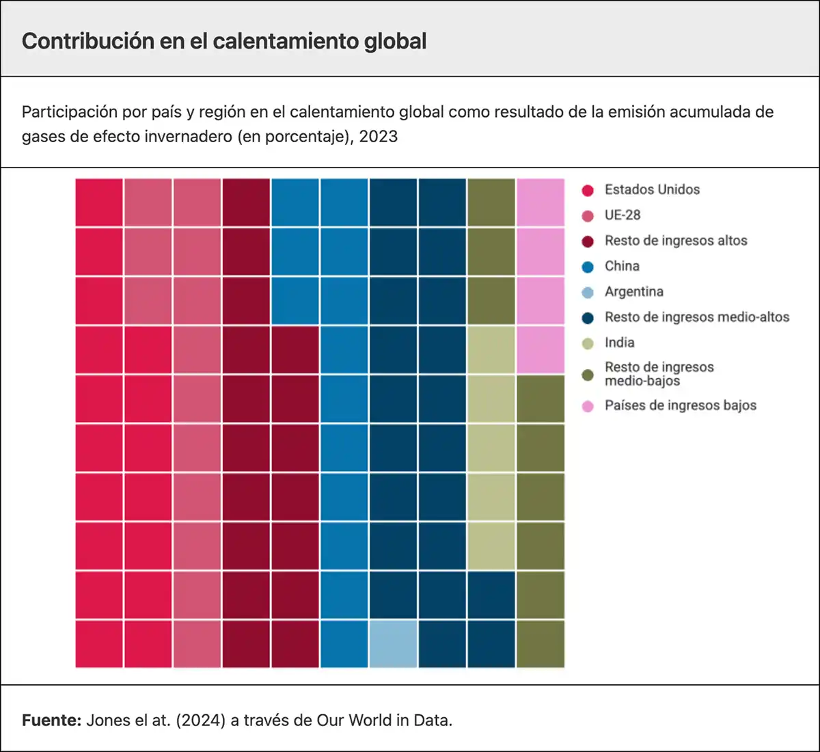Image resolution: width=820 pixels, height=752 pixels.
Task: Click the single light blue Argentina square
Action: [393, 644]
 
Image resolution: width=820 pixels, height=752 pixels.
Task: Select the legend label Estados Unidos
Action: [652, 189]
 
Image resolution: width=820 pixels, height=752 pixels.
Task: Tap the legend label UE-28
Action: [622, 215]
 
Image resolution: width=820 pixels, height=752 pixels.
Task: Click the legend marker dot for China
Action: [588, 267]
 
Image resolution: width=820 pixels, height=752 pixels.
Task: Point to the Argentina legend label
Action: [633, 291]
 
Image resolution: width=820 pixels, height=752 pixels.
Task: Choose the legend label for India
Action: [619, 343]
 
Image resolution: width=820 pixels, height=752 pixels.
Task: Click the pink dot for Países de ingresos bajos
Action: [588, 406]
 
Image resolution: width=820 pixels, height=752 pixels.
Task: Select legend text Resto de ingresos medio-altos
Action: [696, 317]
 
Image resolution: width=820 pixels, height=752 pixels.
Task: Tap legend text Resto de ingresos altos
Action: [675, 241]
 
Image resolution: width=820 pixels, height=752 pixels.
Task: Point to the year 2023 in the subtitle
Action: [378, 136]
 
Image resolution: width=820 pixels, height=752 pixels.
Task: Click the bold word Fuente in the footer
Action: [51, 720]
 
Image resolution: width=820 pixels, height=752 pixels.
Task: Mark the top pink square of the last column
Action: [541, 202]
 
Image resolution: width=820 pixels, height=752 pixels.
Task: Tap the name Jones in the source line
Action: [105, 720]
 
